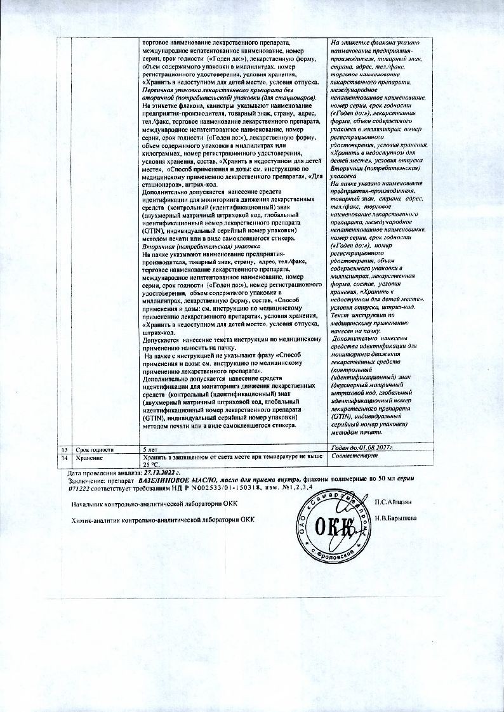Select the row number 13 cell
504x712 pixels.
[62, 449]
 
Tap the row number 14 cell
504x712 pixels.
[62, 457]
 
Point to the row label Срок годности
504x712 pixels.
[94, 449]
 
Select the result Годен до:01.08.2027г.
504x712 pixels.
[362, 449]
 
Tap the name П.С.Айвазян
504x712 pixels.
[394, 503]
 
